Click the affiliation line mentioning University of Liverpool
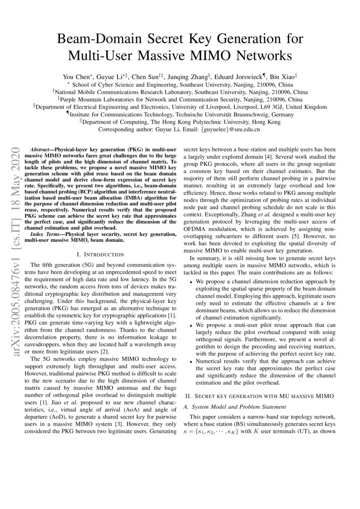[x=180, y=107]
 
